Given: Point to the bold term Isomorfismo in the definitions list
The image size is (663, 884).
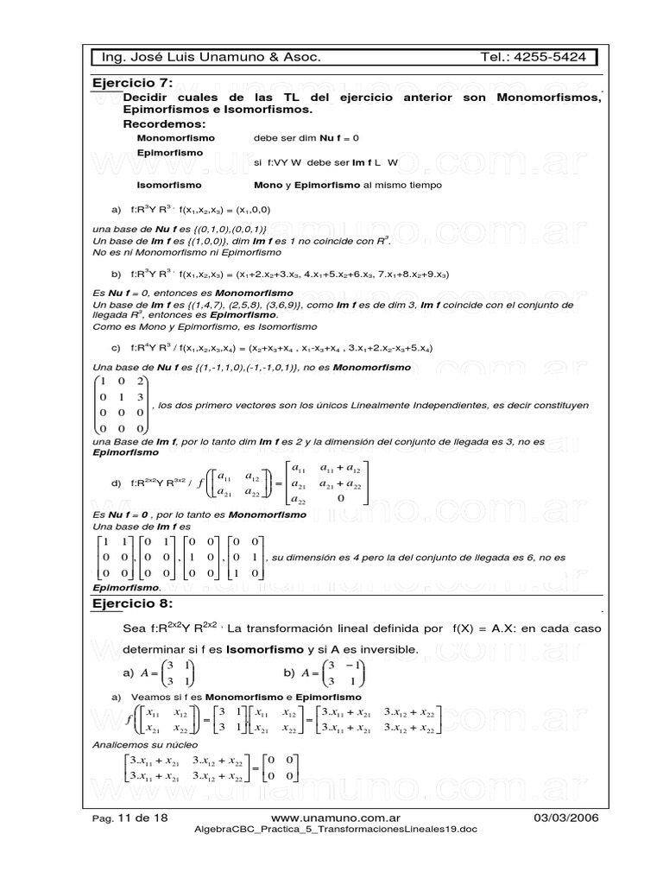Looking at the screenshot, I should click(169, 185).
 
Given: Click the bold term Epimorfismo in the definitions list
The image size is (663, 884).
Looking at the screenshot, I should click(170, 152).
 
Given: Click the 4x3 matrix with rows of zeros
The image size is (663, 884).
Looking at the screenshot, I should click(121, 405).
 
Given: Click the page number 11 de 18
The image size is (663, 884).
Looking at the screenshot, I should click(139, 817).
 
